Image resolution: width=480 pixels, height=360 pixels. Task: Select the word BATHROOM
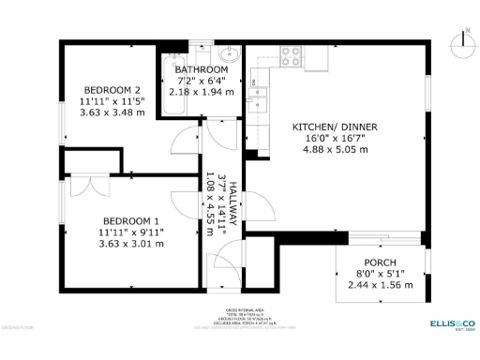click(201, 70)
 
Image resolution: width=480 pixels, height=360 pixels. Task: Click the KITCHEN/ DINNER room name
click(326, 127)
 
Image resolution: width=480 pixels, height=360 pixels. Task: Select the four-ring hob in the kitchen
click(291, 58)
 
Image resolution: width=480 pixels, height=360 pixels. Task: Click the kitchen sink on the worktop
click(254, 92)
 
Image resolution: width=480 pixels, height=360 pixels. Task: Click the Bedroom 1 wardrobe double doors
click(86, 183)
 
